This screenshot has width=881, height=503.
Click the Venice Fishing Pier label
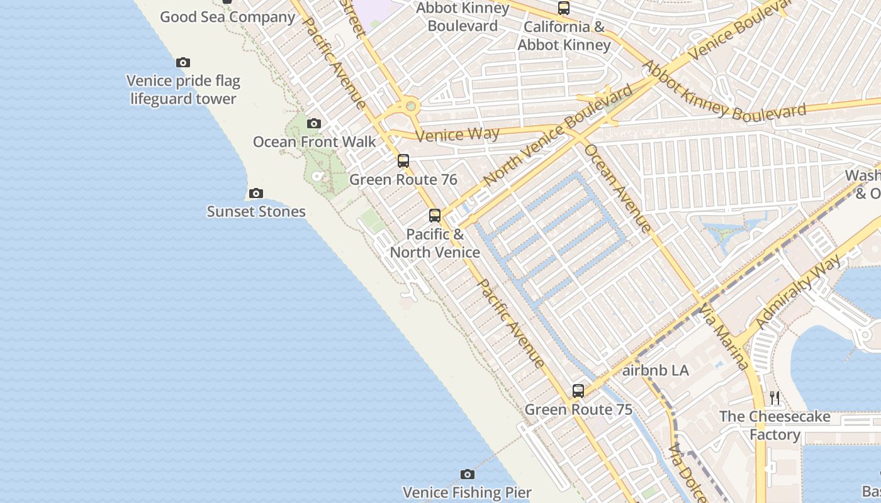pyautogui.click(x=467, y=492)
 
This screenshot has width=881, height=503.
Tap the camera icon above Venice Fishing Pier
pyautogui.click(x=467, y=474)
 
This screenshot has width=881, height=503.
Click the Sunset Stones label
pyautogui.click(x=256, y=211)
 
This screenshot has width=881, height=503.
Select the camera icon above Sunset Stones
pyautogui.click(x=255, y=193)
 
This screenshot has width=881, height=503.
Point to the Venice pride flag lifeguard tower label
pyautogui.click(x=183, y=90)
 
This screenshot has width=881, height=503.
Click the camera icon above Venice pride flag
pyautogui.click(x=183, y=62)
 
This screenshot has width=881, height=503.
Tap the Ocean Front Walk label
pyautogui.click(x=314, y=142)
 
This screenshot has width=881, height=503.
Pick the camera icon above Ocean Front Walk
pyautogui.click(x=314, y=123)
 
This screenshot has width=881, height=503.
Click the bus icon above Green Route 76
pyautogui.click(x=403, y=161)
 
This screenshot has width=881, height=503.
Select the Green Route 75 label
pyautogui.click(x=578, y=410)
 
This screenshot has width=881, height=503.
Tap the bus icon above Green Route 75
pyautogui.click(x=578, y=391)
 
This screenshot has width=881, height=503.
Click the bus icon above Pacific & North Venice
pyautogui.click(x=435, y=216)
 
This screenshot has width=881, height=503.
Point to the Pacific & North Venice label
pyautogui.click(x=435, y=243)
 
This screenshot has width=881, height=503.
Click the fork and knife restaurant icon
pyautogui.click(x=775, y=397)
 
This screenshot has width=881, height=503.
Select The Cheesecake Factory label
pyautogui.click(x=775, y=426)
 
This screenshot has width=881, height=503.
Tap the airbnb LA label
pyautogui.click(x=655, y=371)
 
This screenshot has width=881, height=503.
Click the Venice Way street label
pyautogui.click(x=457, y=134)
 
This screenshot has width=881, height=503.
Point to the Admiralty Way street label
pyautogui.click(x=799, y=292)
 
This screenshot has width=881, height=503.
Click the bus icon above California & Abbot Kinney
pyautogui.click(x=564, y=8)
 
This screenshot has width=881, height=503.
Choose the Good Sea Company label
pyautogui.click(x=227, y=17)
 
